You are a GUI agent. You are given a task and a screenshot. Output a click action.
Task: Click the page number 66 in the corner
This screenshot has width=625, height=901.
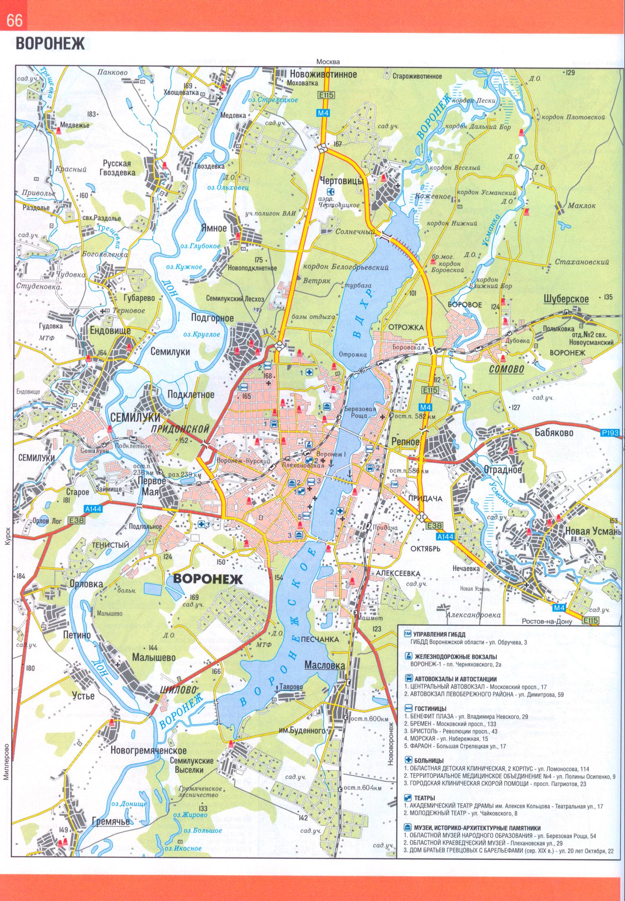click(14, 20)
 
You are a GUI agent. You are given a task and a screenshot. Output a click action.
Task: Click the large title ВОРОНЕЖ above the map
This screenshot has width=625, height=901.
click(50, 44)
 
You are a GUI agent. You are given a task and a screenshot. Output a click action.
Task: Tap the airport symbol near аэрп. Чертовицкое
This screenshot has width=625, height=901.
click(331, 191)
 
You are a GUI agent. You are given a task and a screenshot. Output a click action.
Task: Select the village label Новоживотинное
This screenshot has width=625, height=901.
click(323, 74)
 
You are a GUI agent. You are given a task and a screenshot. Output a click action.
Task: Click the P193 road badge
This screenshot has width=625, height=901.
click(611, 432)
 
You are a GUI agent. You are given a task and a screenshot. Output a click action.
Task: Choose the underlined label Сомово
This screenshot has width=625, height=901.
click(507, 369)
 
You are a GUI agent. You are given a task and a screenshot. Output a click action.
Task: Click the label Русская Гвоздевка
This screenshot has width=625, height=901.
click(119, 168)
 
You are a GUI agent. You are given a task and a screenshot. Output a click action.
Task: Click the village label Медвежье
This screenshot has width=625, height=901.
click(74, 125)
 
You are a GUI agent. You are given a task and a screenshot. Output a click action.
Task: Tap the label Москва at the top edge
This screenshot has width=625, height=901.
click(328, 62)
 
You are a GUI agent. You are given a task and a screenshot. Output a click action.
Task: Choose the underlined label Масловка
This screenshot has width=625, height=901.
click(323, 666)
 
